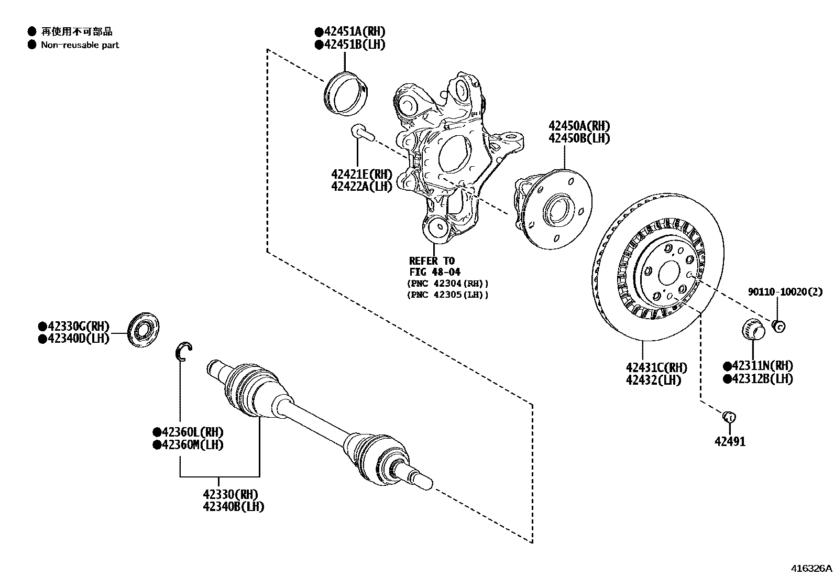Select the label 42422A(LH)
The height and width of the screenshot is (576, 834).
tap(361, 187)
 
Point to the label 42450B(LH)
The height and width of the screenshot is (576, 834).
tap(579, 138)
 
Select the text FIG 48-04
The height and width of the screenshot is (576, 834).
tap(435, 272)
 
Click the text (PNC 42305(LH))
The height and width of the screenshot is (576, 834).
tap(447, 295)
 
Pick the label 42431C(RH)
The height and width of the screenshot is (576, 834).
tap(656, 367)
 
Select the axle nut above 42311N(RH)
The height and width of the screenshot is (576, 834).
tap(753, 329)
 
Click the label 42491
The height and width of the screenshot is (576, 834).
tap(730, 441)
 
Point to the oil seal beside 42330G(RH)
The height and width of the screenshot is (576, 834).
tap(144, 329)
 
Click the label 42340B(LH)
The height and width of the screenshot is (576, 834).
tap(234, 507)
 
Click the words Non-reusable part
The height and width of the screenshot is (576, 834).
tap(80, 45)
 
